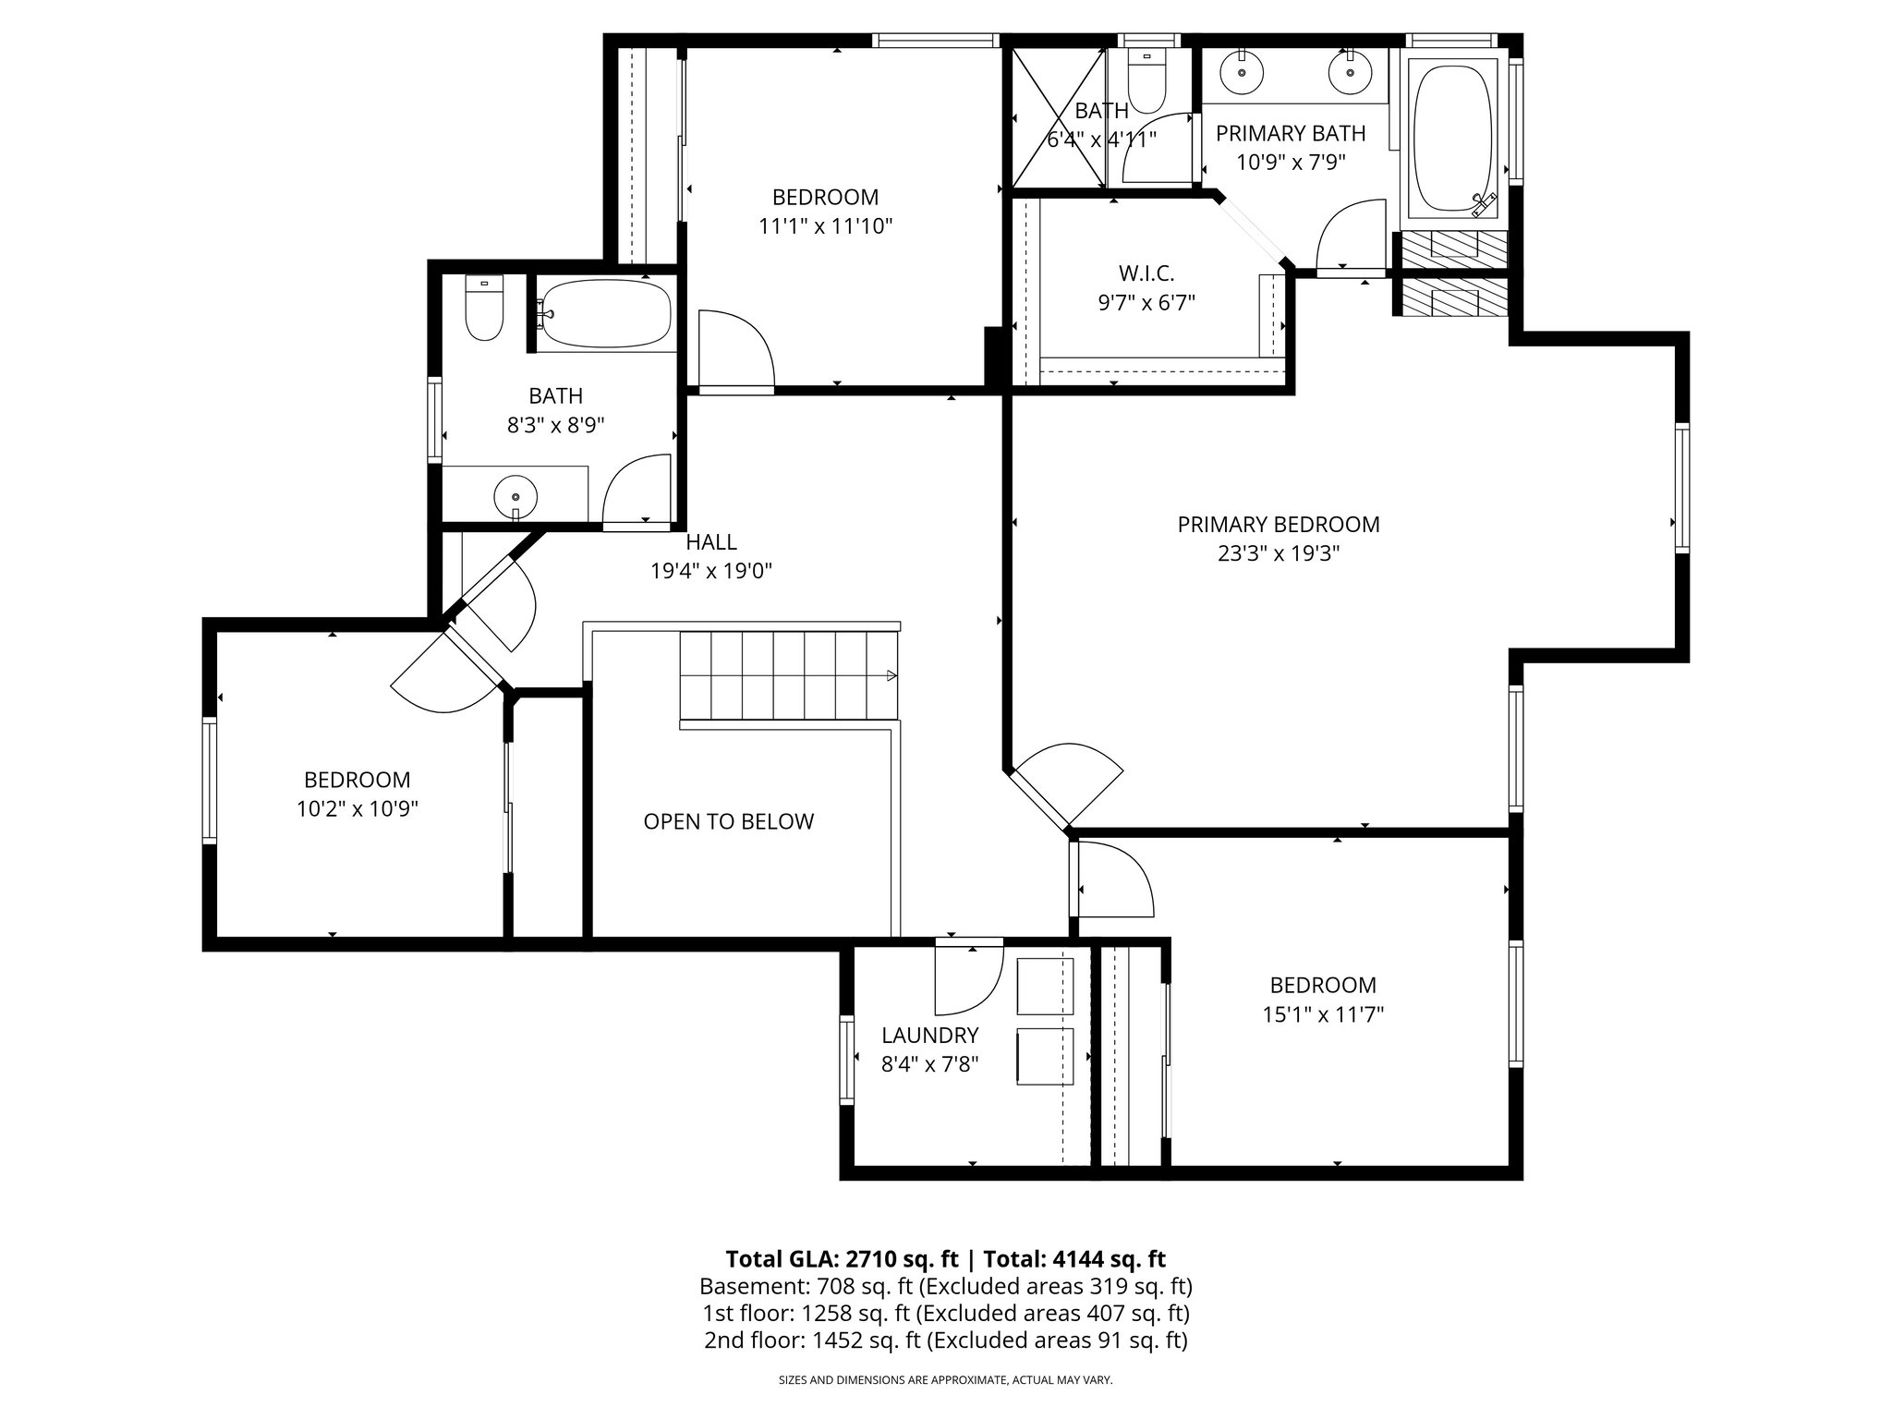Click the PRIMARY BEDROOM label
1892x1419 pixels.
1278,525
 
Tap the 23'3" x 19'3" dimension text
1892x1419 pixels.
1278,554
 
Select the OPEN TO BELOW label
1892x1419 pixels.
728,821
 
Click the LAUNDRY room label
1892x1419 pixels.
929,1035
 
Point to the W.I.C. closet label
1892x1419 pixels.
1146,273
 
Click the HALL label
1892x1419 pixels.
711,542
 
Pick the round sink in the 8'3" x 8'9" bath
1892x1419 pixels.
515,495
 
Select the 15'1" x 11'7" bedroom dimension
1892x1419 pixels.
1322,1014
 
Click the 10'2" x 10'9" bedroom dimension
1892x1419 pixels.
357,809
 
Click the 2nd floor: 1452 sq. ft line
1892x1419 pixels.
945,1340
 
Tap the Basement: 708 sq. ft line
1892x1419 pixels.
945,1286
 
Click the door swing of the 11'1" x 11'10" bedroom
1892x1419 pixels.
735,349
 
